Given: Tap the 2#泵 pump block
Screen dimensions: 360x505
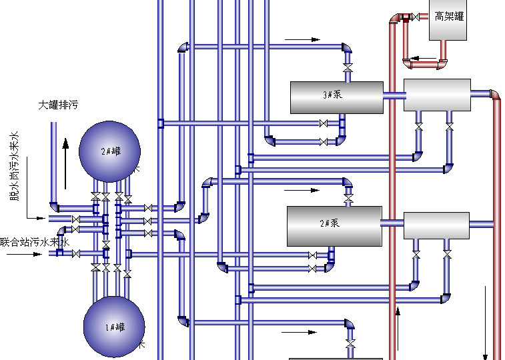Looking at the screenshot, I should point(334,225).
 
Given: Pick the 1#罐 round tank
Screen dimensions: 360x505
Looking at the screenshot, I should point(113,327).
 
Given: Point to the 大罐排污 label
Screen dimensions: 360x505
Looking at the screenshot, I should point(58,105).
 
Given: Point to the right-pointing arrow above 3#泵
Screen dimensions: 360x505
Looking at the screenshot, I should point(303,40).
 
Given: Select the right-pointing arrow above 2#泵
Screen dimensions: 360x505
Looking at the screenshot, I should point(303,190).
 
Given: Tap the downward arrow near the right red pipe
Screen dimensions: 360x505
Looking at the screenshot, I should point(486,320).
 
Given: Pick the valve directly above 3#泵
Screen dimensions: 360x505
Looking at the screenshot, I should point(347,69).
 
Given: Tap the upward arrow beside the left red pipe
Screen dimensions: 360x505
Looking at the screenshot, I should point(398,327).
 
